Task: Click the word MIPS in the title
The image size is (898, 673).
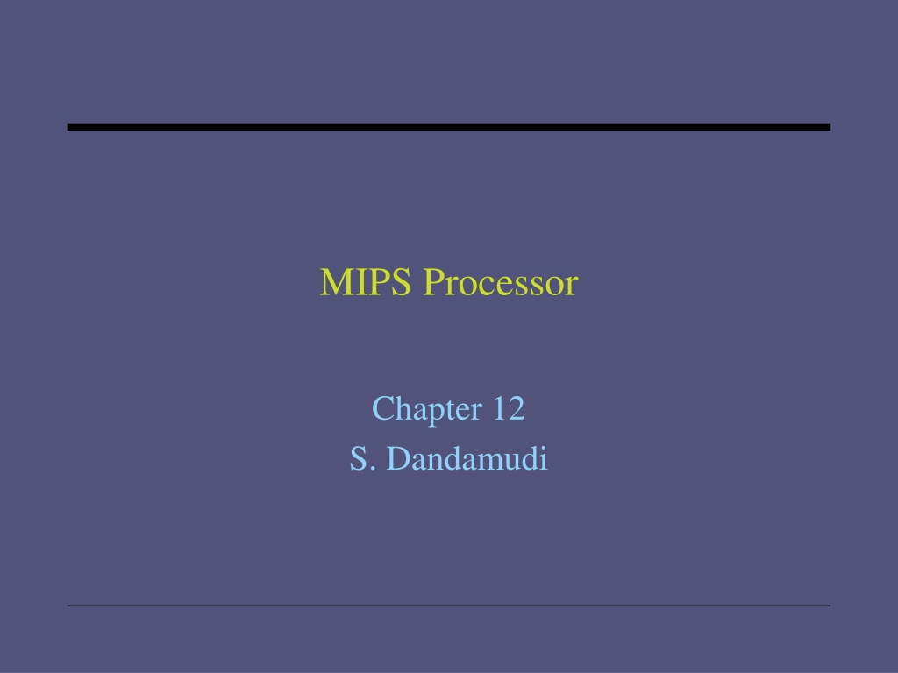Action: [x=366, y=282]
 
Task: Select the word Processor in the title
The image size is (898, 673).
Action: [x=501, y=282]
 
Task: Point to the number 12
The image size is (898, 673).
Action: [x=509, y=408]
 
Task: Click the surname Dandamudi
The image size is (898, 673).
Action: [x=467, y=459]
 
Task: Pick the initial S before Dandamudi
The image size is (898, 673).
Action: [x=358, y=459]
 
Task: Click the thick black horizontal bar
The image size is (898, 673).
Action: [x=448, y=127]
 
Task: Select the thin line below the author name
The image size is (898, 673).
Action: [x=448, y=606]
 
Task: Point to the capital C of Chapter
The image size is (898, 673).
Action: [x=382, y=409]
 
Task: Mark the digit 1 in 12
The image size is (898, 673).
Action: [x=499, y=408]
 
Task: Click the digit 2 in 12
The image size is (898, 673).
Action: [x=517, y=408]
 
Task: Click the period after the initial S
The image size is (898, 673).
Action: [x=373, y=470]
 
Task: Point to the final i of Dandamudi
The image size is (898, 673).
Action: [x=544, y=459]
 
